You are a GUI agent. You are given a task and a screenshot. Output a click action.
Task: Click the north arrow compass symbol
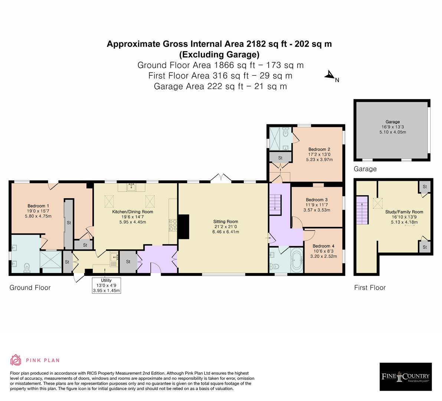[x=330, y=76]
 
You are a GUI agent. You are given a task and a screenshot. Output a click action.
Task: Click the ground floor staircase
[x=276, y=204]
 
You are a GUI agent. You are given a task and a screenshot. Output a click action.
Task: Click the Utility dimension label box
[x=107, y=285]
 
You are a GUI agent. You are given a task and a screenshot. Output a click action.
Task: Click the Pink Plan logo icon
[x=16, y=360]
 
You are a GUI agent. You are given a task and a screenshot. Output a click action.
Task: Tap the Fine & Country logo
[x=406, y=376]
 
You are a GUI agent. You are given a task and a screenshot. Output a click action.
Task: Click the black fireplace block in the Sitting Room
[x=184, y=227]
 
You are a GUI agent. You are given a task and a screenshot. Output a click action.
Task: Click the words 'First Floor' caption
[x=370, y=287]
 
